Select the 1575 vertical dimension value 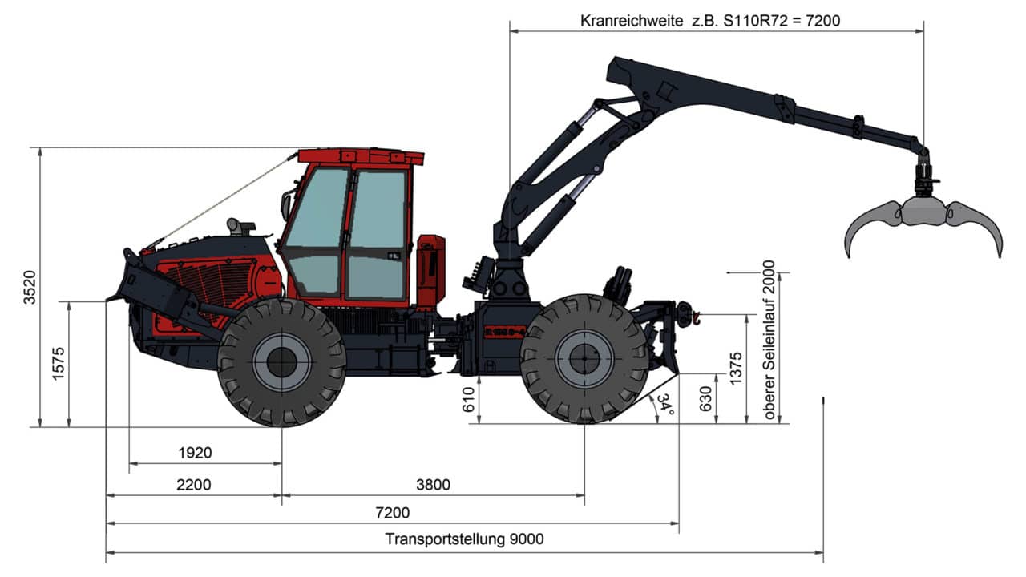[x=58, y=365]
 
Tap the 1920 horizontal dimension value [x=195, y=453]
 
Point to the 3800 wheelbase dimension [x=434, y=484]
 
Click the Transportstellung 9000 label [x=464, y=539]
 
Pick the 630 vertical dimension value [x=705, y=398]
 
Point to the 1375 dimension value [x=737, y=369]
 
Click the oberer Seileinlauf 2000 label [x=769, y=340]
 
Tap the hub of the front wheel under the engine [x=281, y=362]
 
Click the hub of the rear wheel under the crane [x=584, y=359]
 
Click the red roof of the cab [x=361, y=155]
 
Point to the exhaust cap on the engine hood [x=238, y=226]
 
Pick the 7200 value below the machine [x=392, y=513]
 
